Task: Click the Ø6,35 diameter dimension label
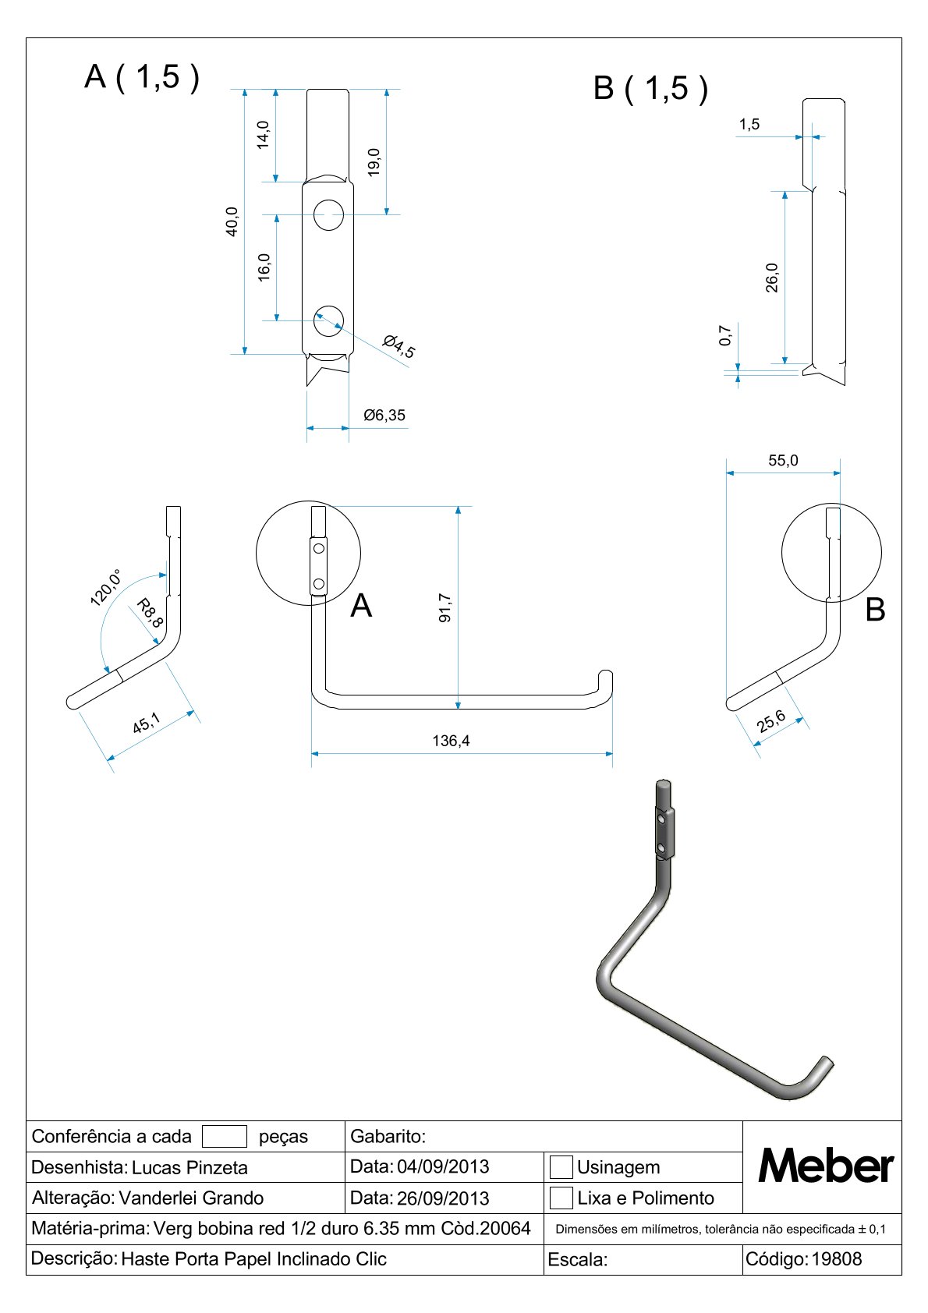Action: [x=384, y=416]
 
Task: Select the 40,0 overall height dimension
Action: [x=232, y=221]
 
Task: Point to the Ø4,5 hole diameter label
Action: [x=399, y=346]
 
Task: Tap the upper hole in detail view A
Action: [x=329, y=214]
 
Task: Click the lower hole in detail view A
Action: [x=328, y=320]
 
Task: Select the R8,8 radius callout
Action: [x=149, y=613]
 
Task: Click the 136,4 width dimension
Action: [x=452, y=741]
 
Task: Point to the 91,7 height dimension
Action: [x=445, y=607]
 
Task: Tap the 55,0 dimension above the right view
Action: [x=783, y=461]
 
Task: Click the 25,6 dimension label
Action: [x=771, y=723]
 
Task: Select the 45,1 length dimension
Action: [x=146, y=724]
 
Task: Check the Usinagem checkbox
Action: [x=561, y=1167]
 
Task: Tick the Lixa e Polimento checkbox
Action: [x=561, y=1198]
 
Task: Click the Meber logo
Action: [x=825, y=1166]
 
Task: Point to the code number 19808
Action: [x=837, y=1259]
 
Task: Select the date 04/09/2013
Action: [x=443, y=1167]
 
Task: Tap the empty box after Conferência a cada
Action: [x=224, y=1137]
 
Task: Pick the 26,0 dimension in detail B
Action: [x=772, y=278]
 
